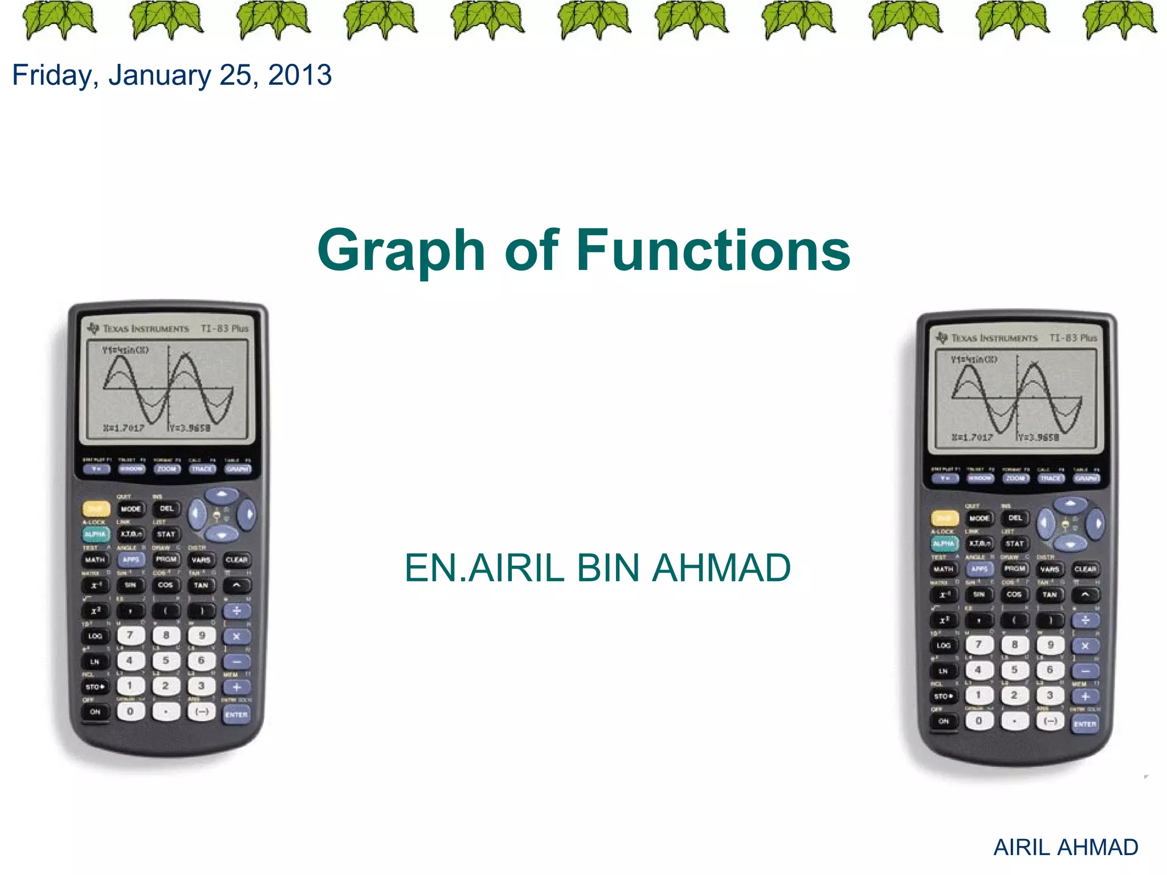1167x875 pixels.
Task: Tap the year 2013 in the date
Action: (x=300, y=75)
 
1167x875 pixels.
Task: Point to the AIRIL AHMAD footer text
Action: (x=1066, y=847)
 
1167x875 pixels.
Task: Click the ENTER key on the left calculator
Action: (x=236, y=714)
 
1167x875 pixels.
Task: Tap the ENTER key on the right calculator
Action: (x=1085, y=724)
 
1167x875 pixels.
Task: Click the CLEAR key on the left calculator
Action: (x=236, y=559)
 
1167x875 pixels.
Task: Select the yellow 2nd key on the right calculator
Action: (x=944, y=518)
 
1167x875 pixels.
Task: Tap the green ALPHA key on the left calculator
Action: (x=95, y=534)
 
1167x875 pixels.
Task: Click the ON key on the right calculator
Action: (x=944, y=721)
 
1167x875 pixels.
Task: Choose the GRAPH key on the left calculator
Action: (x=238, y=469)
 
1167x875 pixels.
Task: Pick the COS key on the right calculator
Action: (x=1014, y=594)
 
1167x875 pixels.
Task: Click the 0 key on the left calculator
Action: (x=130, y=711)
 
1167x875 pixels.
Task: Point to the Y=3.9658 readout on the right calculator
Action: (x=1039, y=437)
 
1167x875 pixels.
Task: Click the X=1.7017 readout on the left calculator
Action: (x=124, y=428)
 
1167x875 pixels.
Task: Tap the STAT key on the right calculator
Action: (x=1015, y=543)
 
